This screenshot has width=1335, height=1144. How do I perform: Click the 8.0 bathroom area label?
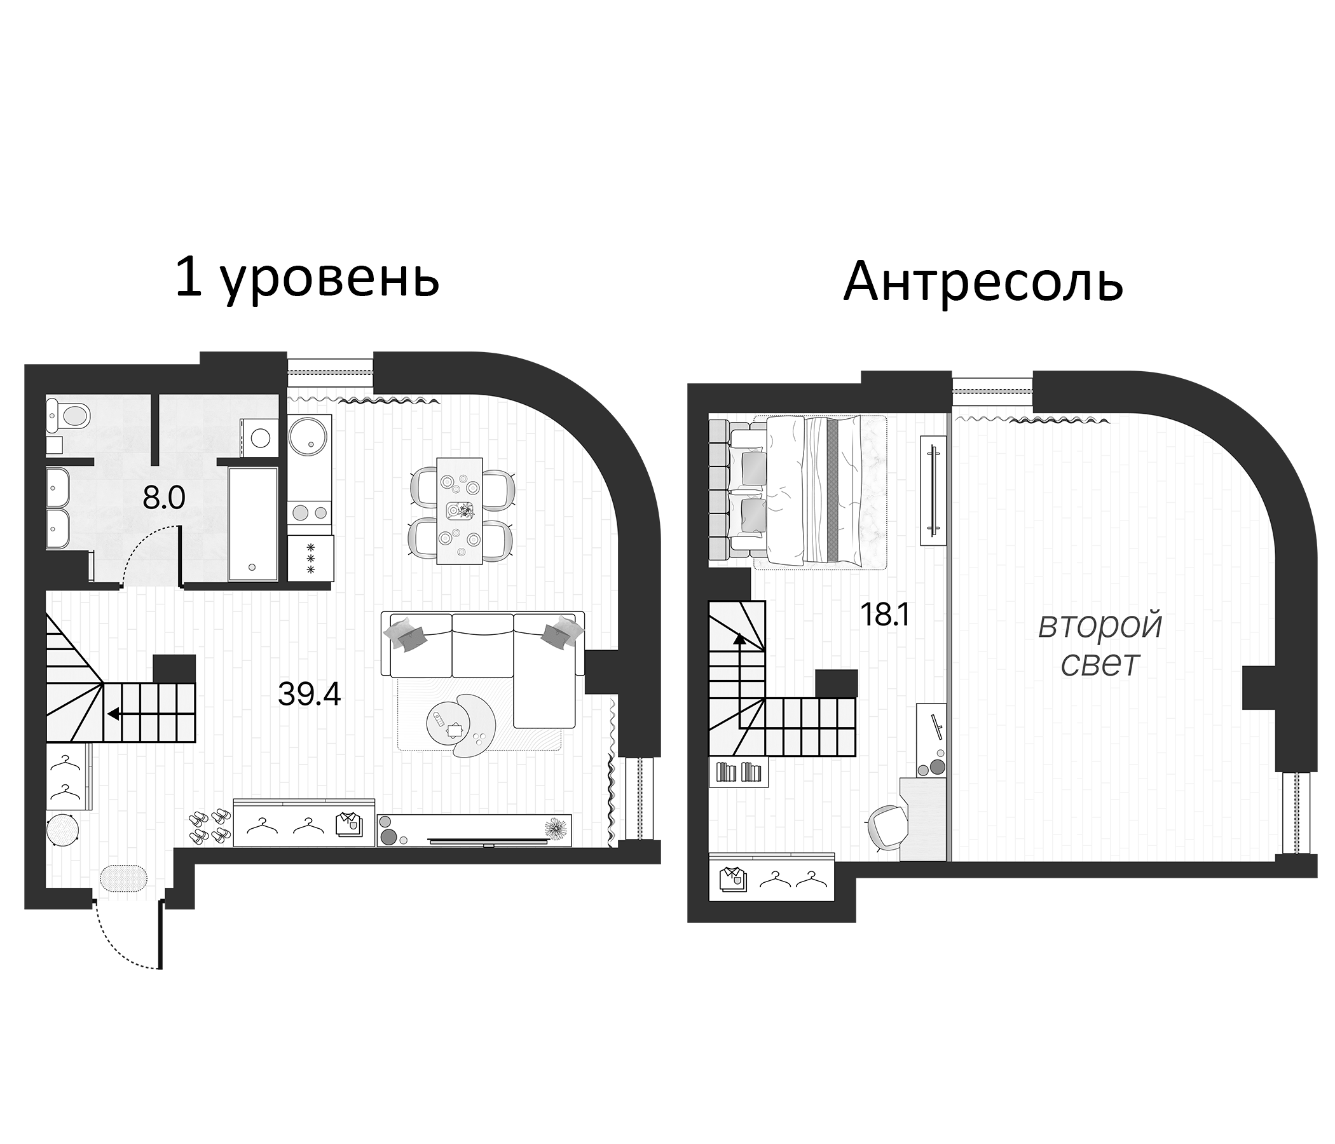coord(163,498)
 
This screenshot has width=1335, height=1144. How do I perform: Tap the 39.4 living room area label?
coord(309,694)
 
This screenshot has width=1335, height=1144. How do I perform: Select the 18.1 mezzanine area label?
coord(884,616)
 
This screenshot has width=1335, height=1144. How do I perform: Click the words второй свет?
coord(1100,645)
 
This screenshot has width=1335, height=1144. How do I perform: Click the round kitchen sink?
coord(308,436)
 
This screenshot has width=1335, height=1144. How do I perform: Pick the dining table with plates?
coord(460,510)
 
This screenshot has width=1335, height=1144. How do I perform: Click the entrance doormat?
coord(124,878)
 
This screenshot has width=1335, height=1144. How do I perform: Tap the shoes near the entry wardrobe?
coord(209,826)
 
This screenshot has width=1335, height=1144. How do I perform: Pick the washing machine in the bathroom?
coord(259,437)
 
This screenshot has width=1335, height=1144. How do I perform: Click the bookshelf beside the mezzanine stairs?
coord(739,772)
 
